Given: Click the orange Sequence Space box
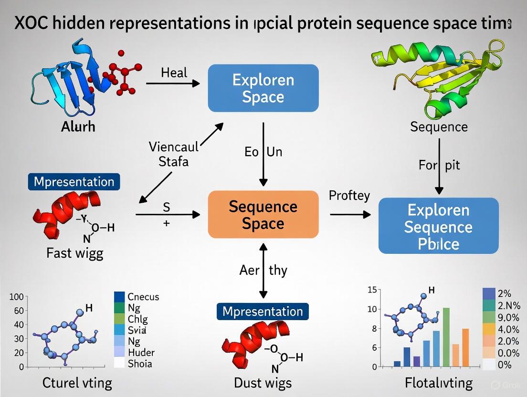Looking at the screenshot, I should click(263, 214).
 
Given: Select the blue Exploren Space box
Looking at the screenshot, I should click(263, 88).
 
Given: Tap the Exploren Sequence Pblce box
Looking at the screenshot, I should click(438, 227).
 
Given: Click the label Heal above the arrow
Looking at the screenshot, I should click(174, 73).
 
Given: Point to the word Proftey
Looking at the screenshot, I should click(349, 196).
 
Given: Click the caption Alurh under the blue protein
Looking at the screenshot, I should click(78, 126).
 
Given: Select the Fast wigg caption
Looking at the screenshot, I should click(74, 253).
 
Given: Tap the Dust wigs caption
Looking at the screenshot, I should click(263, 382).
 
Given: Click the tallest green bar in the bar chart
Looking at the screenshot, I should click(446, 337).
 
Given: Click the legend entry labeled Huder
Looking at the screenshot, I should click(141, 353).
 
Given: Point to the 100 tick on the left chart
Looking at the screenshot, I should click(16, 297).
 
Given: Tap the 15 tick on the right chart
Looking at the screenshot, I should click(372, 290).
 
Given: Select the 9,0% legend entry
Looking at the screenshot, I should click(508, 317).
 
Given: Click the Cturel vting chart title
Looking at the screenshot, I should click(77, 382).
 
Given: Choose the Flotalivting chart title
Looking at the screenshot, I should click(439, 382).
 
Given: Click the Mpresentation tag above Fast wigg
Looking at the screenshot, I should click(74, 182).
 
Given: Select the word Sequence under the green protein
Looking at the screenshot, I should click(439, 126).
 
